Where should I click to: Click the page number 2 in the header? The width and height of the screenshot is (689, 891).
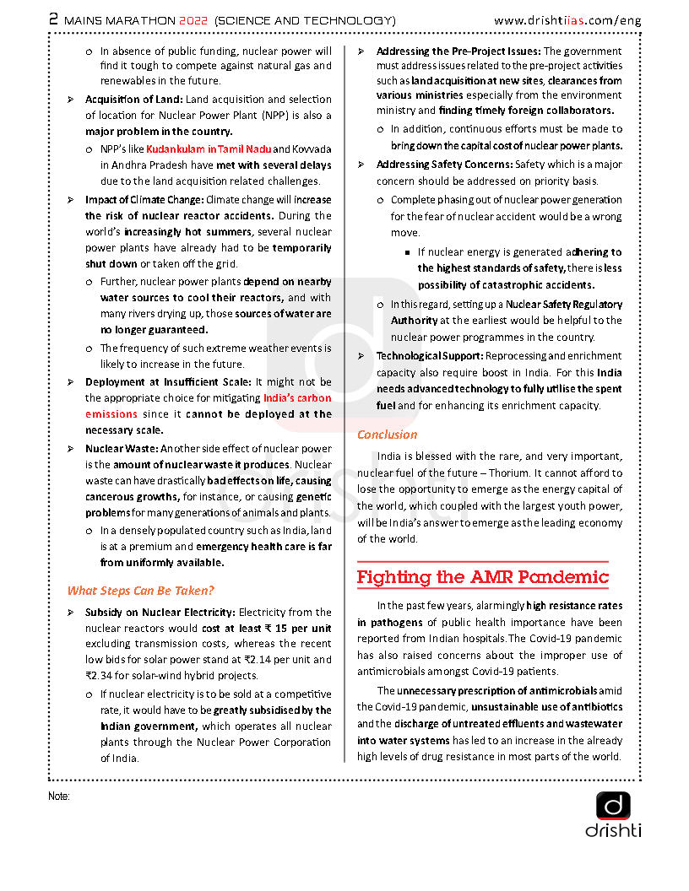(53, 19)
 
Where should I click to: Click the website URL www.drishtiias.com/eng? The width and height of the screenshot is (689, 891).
(567, 19)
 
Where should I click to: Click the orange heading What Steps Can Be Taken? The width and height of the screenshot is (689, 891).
(140, 591)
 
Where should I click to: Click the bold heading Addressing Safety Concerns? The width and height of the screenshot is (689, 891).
(444, 165)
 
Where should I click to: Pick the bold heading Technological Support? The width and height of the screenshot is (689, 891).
(429, 356)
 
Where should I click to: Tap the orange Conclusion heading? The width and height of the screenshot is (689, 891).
(387, 435)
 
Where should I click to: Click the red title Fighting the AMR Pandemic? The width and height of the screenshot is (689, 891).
(482, 578)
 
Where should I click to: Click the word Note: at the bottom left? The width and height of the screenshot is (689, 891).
(59, 796)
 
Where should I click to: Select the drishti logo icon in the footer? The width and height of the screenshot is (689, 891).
(613, 806)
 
